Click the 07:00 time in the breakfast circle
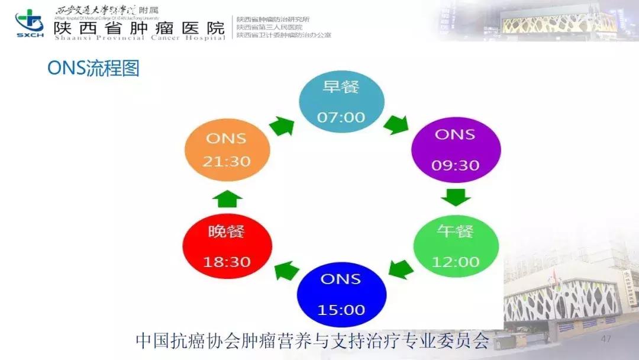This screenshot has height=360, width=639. [x=341, y=117]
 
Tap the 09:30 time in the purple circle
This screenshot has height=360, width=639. [x=455, y=165]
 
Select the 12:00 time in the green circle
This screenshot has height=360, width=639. [x=456, y=261]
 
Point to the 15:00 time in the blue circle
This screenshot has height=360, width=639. [x=341, y=310]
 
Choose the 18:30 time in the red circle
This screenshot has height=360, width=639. [x=227, y=261]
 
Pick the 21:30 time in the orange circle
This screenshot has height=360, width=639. [x=227, y=161]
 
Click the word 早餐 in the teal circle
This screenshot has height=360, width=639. [x=341, y=88]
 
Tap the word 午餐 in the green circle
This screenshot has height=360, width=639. [x=456, y=231]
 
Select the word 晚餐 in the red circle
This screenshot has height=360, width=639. [x=227, y=231]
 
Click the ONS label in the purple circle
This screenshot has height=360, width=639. [x=455, y=134]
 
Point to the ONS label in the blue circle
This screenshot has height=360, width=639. [x=341, y=278]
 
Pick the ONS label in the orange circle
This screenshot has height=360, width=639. [x=226, y=139]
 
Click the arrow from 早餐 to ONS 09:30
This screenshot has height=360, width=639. [x=396, y=125]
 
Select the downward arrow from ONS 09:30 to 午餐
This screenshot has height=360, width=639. [x=456, y=197]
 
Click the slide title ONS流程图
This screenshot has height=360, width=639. [x=93, y=68]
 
